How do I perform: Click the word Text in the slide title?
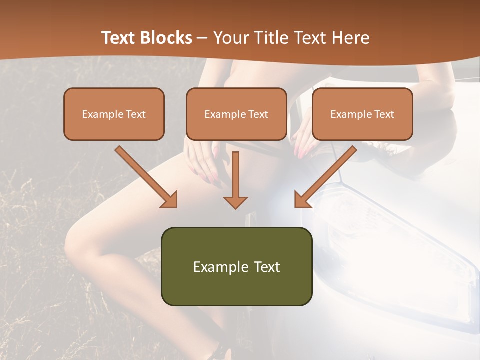(x=118, y=38)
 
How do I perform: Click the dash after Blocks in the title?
(x=202, y=38)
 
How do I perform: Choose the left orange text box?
(x=114, y=114)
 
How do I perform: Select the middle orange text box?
(x=236, y=114)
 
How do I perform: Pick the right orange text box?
(x=362, y=114)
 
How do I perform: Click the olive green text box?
(x=236, y=266)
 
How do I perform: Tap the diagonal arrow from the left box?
(x=146, y=177)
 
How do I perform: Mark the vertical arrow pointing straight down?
(x=235, y=180)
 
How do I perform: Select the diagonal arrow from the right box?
(x=325, y=177)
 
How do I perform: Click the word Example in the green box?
(x=220, y=267)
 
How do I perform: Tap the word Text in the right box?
(x=384, y=114)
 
